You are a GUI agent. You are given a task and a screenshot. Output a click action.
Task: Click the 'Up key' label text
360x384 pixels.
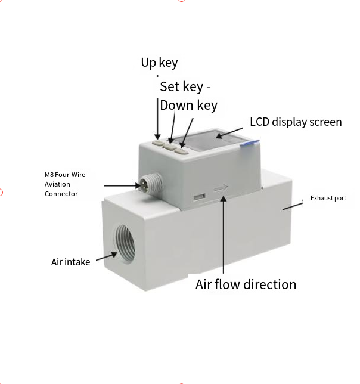click(x=159, y=63)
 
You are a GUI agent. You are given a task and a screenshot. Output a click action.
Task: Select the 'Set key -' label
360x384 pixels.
click(x=185, y=87)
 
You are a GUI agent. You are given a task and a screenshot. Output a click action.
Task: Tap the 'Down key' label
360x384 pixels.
click(x=189, y=106)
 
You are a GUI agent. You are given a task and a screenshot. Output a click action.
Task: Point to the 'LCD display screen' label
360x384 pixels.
click(x=296, y=122)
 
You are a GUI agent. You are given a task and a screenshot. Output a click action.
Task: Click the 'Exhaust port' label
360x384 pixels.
click(x=328, y=198)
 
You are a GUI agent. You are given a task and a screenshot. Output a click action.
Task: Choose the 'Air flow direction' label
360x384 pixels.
click(x=246, y=284)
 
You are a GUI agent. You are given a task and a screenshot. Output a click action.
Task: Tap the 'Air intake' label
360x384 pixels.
click(x=70, y=262)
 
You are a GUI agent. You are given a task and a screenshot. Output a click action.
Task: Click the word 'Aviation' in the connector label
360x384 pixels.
click(x=57, y=184)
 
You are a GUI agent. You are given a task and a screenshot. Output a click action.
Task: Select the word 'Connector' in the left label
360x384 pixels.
click(x=61, y=194)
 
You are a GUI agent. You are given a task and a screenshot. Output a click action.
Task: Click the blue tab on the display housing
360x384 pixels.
click(x=249, y=143)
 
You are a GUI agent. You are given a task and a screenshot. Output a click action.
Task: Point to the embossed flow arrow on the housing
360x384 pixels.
click(x=221, y=188)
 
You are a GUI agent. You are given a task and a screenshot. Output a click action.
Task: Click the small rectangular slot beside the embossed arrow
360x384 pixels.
click(x=200, y=197)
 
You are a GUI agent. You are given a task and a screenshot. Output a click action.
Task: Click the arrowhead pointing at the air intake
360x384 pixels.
click(x=114, y=255)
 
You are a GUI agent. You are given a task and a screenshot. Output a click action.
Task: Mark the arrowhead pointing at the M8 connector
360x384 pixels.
click(x=138, y=185)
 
